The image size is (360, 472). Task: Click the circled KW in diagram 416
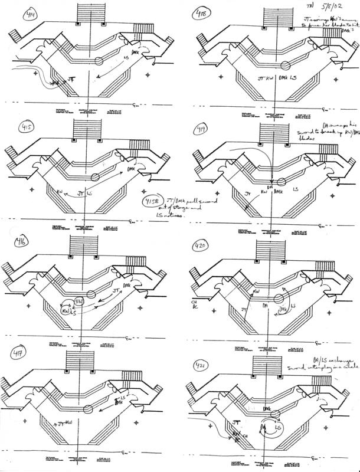(x=67, y=308)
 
